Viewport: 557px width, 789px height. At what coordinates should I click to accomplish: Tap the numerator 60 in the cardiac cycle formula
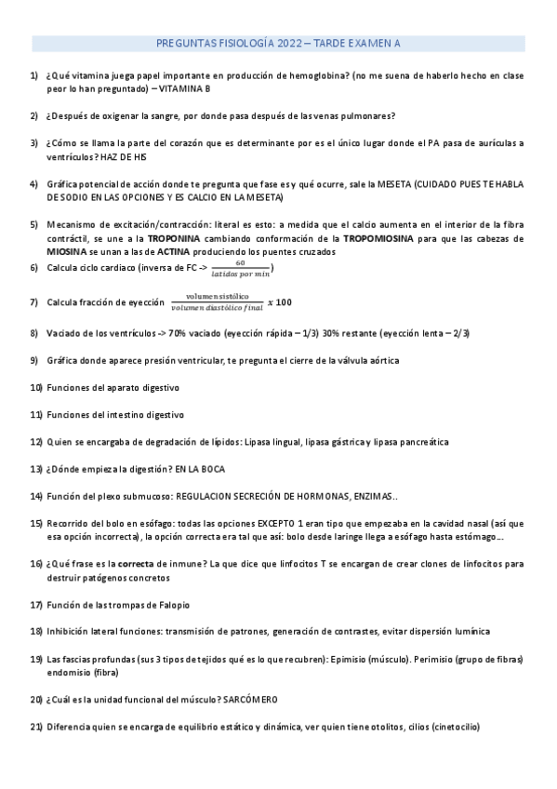click(240, 263)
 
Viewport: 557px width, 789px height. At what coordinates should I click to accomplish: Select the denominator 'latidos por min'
click(240, 274)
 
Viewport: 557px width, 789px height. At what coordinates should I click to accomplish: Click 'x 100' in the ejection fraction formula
click(279, 302)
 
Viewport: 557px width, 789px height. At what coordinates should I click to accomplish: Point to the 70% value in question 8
click(179, 333)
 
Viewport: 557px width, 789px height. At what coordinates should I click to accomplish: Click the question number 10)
click(37, 387)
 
